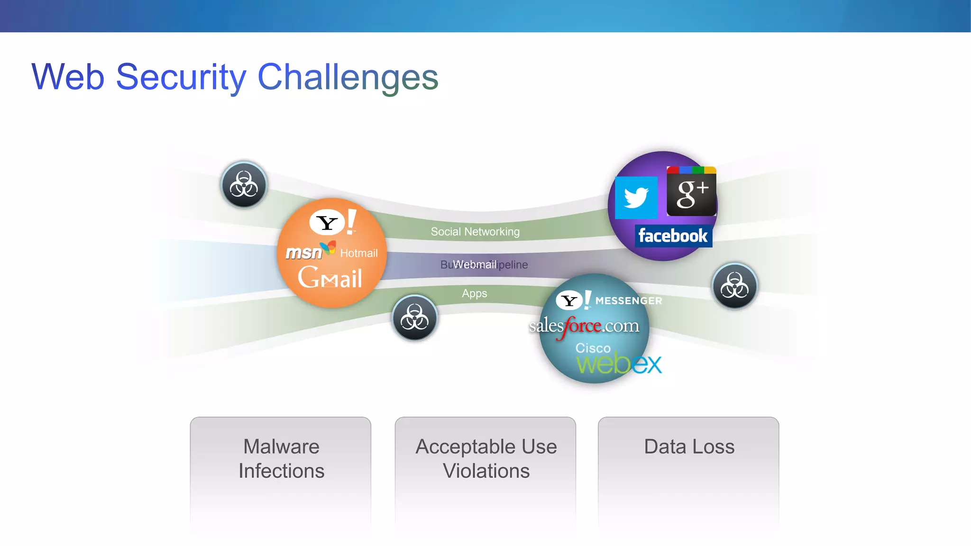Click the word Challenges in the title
pos(348,77)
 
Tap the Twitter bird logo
pos(636,198)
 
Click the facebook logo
pos(673,236)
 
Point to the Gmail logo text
pos(330,278)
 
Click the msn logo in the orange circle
pos(304,253)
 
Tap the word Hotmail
pos(358,253)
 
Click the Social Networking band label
pos(475,232)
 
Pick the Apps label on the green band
pos(474,293)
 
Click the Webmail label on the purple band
pos(474,264)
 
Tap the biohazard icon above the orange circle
pos(244,184)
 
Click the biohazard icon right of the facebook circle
pos(734,286)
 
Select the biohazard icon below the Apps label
pos(414,318)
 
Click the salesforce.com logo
pos(584,326)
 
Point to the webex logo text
pos(618,364)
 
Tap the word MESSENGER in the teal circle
pos(628,301)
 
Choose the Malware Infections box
pos(281,459)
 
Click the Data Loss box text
pos(689,446)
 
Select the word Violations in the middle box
pos(486,471)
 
